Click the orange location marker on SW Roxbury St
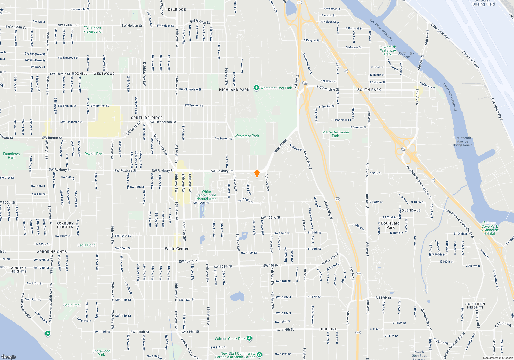[x=257, y=173]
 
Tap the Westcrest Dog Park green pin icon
[x=256, y=88]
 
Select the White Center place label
[x=177, y=249]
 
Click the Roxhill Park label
[x=94, y=154]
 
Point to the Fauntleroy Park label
[x=12, y=156]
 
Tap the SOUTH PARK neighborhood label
[x=369, y=90]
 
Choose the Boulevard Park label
[x=390, y=225]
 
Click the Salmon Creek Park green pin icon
[x=249, y=338]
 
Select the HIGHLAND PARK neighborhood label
[x=234, y=90]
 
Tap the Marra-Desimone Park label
[x=335, y=134]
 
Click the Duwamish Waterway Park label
[x=388, y=50]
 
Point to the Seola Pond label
[x=86, y=245]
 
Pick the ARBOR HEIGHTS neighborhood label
[x=52, y=252]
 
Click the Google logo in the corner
[x=9, y=357]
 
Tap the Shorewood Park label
[x=101, y=353]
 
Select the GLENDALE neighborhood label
[x=411, y=210]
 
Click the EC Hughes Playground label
[x=92, y=30]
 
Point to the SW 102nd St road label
[x=270, y=218]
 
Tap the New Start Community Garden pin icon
[x=259, y=355]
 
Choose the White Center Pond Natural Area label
[x=206, y=195]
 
